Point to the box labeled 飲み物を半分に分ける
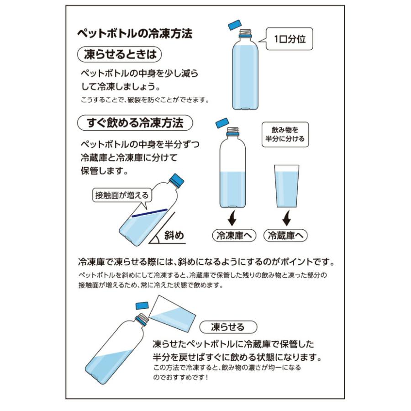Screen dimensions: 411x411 (x=285, y=134)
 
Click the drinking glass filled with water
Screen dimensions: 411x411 (x=286, y=187)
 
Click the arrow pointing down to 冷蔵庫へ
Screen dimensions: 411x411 (x=286, y=218)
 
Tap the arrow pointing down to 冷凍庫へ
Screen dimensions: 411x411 (x=233, y=218)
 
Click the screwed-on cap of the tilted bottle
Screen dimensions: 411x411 (x=177, y=180)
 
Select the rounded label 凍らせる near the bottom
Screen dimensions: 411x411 (x=228, y=327)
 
